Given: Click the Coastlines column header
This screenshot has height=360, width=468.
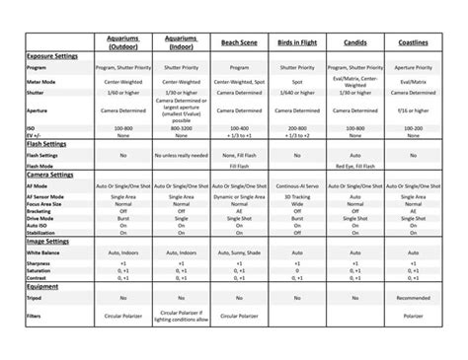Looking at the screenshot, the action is point(414,43).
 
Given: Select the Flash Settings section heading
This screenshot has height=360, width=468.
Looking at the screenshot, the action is point(47,144).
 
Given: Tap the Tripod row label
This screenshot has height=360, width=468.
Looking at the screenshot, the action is point(36,297).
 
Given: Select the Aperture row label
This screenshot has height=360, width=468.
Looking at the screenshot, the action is point(38,111).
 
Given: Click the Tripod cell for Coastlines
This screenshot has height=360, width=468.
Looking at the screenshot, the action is point(414,297).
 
